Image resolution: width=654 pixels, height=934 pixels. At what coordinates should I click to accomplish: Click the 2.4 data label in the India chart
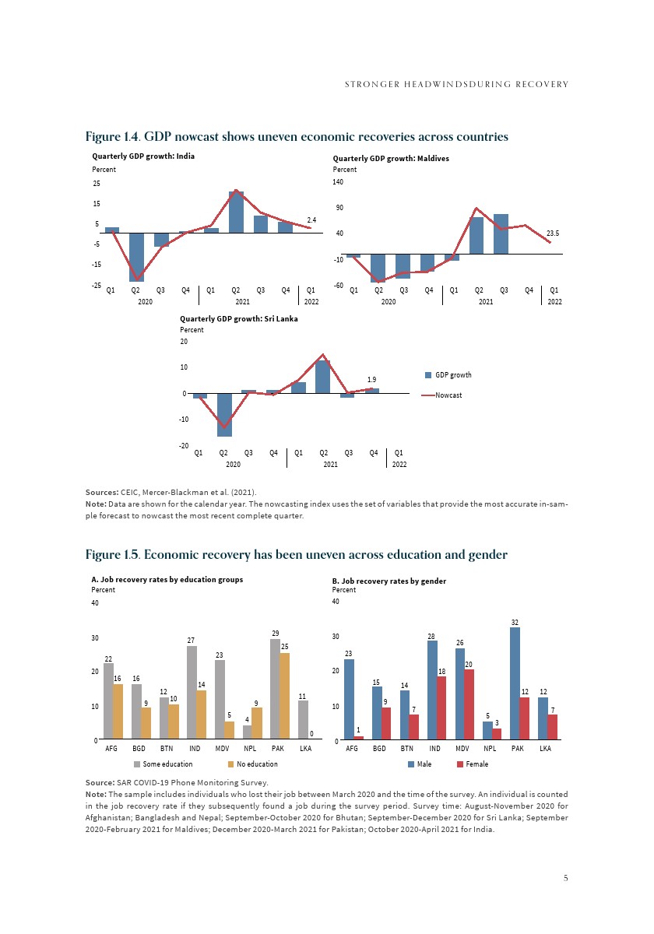(x=311, y=220)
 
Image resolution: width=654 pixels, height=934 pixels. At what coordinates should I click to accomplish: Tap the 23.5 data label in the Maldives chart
(x=554, y=233)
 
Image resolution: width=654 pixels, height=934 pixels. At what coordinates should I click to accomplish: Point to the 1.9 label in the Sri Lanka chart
(x=372, y=379)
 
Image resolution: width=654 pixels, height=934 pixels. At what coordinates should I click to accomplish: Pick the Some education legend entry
(x=163, y=764)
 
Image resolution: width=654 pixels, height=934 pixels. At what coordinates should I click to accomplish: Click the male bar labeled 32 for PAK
(x=515, y=683)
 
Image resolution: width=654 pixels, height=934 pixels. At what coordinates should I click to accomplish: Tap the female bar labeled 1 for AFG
(x=358, y=737)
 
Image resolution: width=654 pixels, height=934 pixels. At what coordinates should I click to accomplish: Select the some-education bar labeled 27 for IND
(x=192, y=692)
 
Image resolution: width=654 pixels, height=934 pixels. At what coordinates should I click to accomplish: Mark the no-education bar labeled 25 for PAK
(x=285, y=696)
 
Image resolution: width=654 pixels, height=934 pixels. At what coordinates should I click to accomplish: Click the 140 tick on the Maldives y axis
(x=338, y=182)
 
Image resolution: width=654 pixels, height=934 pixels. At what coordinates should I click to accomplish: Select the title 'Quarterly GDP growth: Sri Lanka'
(x=239, y=318)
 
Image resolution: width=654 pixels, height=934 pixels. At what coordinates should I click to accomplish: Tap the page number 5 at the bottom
(x=566, y=878)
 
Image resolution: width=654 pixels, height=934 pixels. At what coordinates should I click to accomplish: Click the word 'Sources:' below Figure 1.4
(x=102, y=492)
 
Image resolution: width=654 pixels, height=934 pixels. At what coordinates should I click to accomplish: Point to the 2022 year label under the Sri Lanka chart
(x=399, y=465)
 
